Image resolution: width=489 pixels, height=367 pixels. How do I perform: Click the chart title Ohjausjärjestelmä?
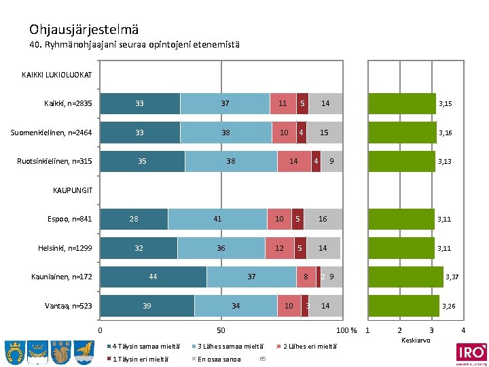84,29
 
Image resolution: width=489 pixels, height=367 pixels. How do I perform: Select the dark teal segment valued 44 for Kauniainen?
153,277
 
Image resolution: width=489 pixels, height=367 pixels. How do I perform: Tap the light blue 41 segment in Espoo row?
217,219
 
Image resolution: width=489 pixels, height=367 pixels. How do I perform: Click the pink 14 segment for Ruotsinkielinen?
293,161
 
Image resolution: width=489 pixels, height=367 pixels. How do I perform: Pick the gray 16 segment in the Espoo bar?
323,219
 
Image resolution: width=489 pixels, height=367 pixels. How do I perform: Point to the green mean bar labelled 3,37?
405,277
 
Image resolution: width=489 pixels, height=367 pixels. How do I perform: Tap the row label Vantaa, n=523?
69,306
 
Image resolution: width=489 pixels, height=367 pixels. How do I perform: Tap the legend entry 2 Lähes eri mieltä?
309,346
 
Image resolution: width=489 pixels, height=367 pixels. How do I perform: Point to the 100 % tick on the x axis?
347,331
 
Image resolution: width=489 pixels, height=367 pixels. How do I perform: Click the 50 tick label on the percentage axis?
221,331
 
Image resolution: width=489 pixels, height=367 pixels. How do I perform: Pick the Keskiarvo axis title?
416,340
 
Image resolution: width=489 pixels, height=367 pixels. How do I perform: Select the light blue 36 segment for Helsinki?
221,248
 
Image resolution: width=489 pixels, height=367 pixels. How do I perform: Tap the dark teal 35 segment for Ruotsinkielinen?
142,161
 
